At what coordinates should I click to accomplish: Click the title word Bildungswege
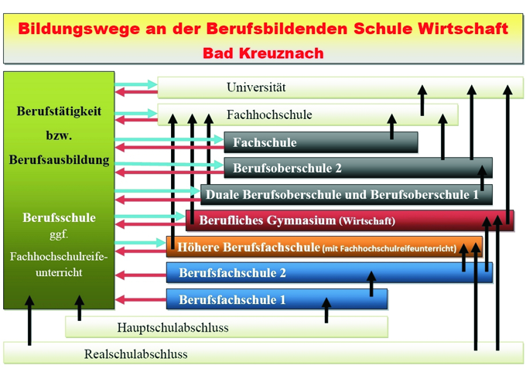coord(67,29)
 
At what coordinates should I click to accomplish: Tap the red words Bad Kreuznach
coord(263,53)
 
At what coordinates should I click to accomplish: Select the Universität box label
coord(256,87)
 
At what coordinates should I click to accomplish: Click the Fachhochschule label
coord(269,114)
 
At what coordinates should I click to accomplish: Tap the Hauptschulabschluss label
coord(172,327)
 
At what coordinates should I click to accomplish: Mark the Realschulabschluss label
coord(135,354)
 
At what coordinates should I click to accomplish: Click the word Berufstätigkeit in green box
coord(59,111)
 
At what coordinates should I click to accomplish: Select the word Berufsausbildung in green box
coord(59,160)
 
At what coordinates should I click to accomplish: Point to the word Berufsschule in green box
coord(59,217)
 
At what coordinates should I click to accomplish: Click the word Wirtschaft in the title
coord(463,29)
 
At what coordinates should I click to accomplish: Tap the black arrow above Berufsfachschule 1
coord(326,310)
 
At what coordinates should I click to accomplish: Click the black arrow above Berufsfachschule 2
coord(371,284)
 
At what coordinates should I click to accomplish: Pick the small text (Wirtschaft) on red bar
coord(367,221)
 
